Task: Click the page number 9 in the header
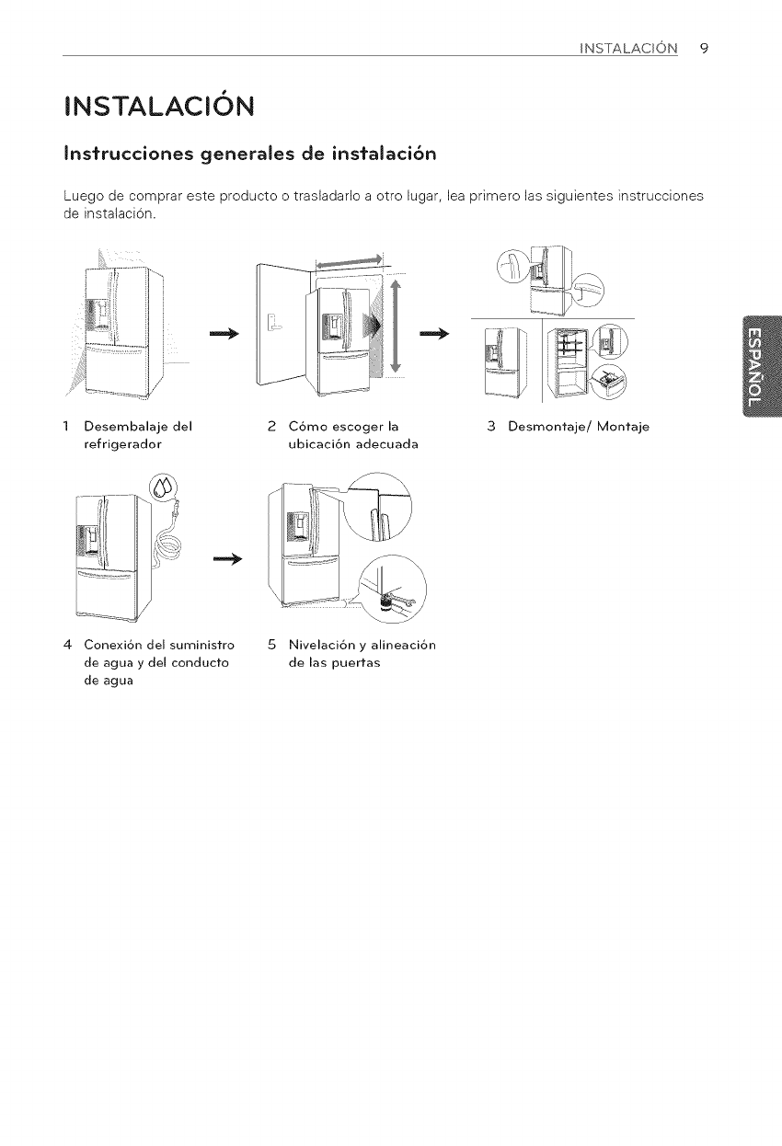[703, 48]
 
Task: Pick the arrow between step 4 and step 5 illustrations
[226, 558]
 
